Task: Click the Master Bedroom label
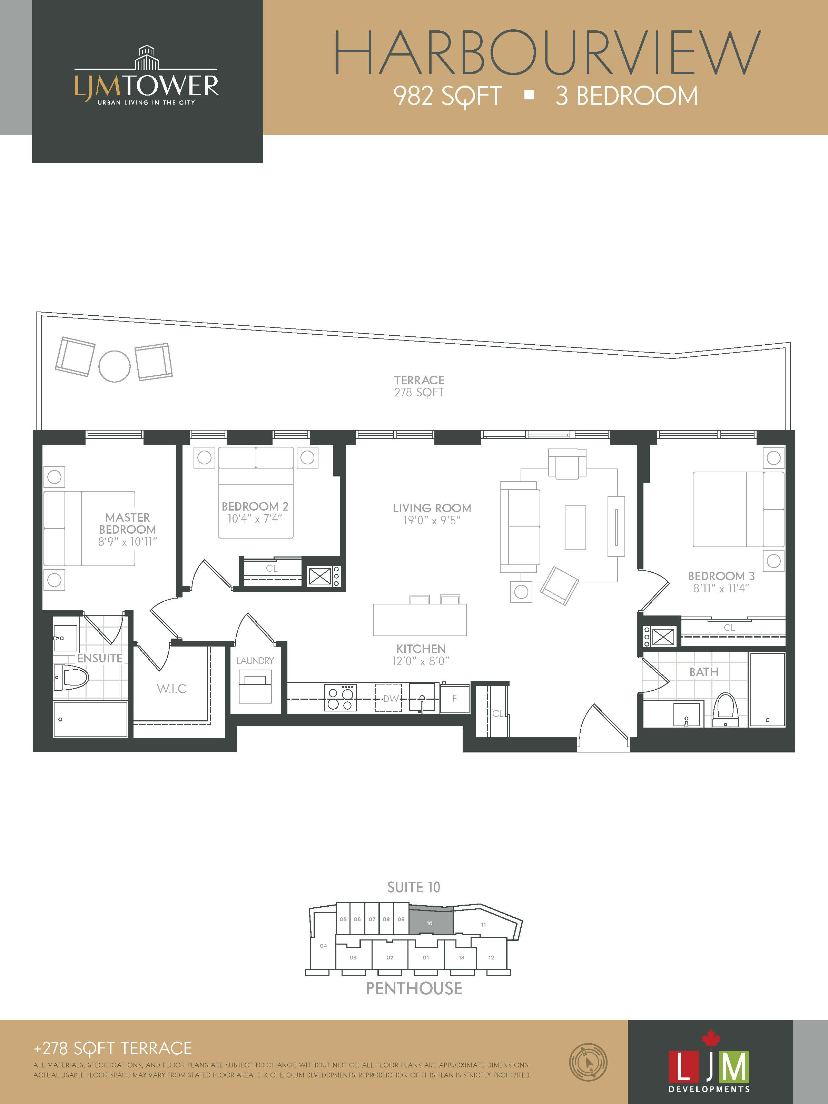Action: [x=127, y=523]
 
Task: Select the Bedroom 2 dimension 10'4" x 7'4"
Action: [x=255, y=519]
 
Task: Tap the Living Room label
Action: [x=432, y=508]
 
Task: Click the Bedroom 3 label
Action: [x=721, y=576]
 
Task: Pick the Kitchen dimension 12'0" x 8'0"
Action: [x=421, y=661]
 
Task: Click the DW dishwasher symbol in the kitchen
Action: [x=389, y=698]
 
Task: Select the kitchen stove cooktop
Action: [x=341, y=697]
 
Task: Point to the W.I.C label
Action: [x=172, y=689]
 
